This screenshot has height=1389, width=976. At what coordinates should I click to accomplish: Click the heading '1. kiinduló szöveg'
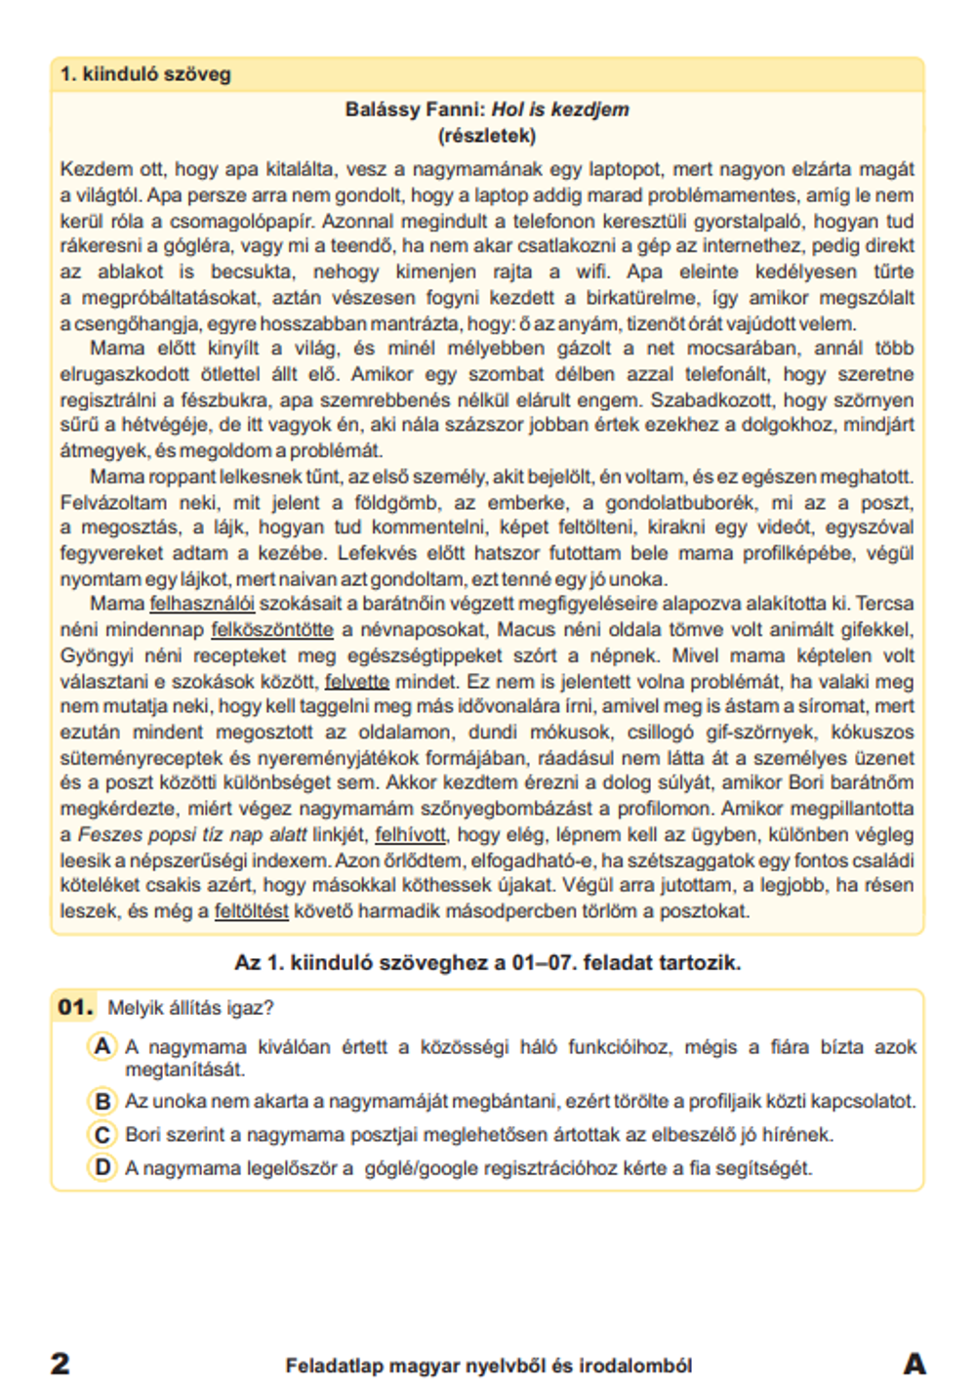(145, 74)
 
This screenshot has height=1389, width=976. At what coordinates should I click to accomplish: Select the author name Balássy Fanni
(414, 109)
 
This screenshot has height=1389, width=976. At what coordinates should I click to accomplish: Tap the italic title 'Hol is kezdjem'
(560, 109)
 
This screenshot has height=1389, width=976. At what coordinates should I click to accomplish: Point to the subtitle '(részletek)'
(487, 135)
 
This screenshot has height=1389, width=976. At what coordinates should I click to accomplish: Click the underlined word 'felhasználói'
(202, 604)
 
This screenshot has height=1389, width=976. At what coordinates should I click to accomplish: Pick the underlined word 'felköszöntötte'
(272, 630)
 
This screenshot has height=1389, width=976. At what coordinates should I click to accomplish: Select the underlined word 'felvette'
(356, 682)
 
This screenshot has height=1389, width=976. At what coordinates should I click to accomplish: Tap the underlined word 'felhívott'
(410, 834)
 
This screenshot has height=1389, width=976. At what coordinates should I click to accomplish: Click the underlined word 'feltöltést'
(251, 911)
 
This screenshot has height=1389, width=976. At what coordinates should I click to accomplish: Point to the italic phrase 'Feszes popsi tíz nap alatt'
(192, 834)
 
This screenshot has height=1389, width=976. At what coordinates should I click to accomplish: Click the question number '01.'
(75, 1007)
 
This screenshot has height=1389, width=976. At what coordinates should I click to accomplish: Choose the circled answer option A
(102, 1046)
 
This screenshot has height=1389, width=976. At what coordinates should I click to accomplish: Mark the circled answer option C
(102, 1134)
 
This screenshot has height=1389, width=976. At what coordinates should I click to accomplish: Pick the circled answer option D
(102, 1167)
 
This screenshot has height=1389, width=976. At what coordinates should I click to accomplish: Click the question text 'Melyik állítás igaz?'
(190, 1008)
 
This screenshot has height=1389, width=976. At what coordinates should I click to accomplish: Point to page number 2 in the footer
(61, 1364)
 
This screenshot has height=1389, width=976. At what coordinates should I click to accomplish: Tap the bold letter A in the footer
(914, 1364)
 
